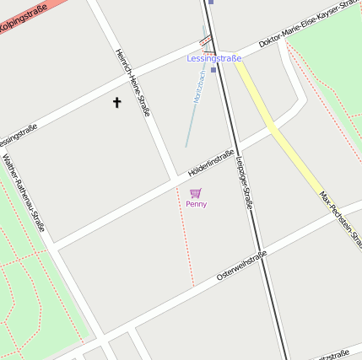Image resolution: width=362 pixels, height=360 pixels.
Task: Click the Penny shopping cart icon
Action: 196,193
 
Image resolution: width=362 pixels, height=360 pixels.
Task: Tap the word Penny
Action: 196,204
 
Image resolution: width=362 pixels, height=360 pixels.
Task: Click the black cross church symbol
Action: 116,102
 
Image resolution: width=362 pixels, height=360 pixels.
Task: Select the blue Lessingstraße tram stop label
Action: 213,58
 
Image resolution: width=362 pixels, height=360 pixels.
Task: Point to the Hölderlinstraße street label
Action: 210,162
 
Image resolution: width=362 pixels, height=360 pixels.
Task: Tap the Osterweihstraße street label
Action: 241,265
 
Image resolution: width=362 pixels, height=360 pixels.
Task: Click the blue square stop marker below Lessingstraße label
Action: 213,69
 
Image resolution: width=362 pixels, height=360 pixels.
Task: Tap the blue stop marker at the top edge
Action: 211,2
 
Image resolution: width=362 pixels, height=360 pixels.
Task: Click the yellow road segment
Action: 278,126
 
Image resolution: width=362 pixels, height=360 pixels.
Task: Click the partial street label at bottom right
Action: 335,355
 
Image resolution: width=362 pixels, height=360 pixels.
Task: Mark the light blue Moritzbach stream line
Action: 190,126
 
